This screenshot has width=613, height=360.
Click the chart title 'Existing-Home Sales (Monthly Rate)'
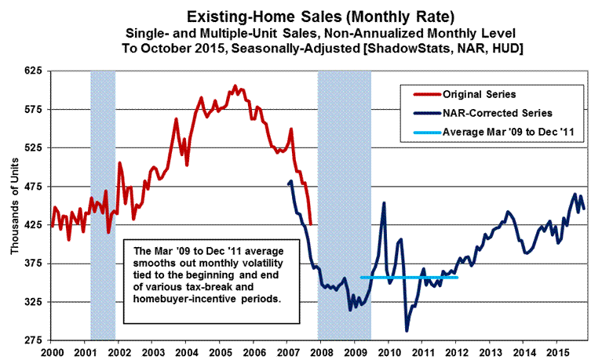[306, 15]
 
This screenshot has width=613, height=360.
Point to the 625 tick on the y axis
[34, 71]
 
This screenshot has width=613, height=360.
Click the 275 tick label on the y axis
[34, 340]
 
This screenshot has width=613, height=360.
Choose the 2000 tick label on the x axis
[52, 354]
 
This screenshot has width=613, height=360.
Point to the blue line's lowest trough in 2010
[407, 330]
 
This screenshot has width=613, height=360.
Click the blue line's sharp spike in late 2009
[384, 203]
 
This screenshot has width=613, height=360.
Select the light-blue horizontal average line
[408, 277]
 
